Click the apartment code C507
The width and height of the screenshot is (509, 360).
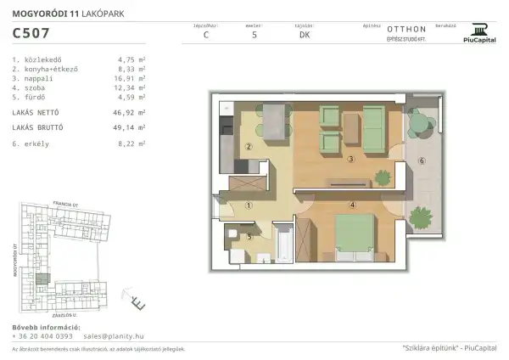pos(30,35)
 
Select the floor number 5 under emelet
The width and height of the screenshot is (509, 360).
pos(255,35)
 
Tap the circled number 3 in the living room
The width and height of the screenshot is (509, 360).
pos(350,159)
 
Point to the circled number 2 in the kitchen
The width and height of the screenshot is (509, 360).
pos(249,146)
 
